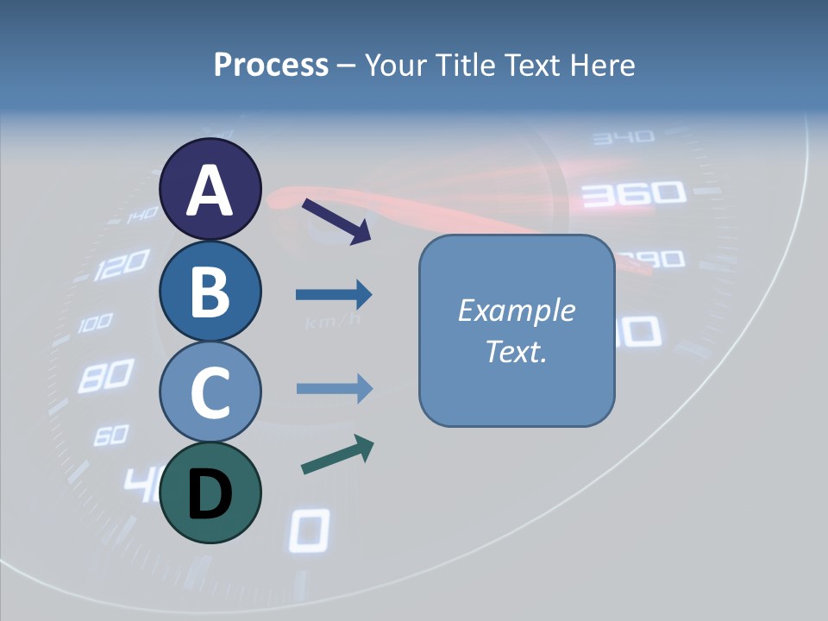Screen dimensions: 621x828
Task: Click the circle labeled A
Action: (210, 189)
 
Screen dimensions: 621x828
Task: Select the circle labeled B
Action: (210, 291)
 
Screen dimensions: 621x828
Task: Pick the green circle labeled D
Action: (210, 492)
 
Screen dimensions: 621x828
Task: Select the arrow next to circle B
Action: (334, 295)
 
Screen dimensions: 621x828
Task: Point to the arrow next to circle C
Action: (334, 389)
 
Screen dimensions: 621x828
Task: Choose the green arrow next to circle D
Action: (337, 455)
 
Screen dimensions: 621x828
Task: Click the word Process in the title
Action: (271, 65)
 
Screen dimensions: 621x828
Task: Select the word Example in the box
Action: (516, 310)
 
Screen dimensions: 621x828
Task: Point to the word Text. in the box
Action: (516, 351)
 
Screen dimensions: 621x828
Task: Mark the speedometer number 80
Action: (105, 376)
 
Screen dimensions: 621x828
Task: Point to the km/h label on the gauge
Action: (333, 323)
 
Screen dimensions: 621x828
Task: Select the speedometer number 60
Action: (110, 435)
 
